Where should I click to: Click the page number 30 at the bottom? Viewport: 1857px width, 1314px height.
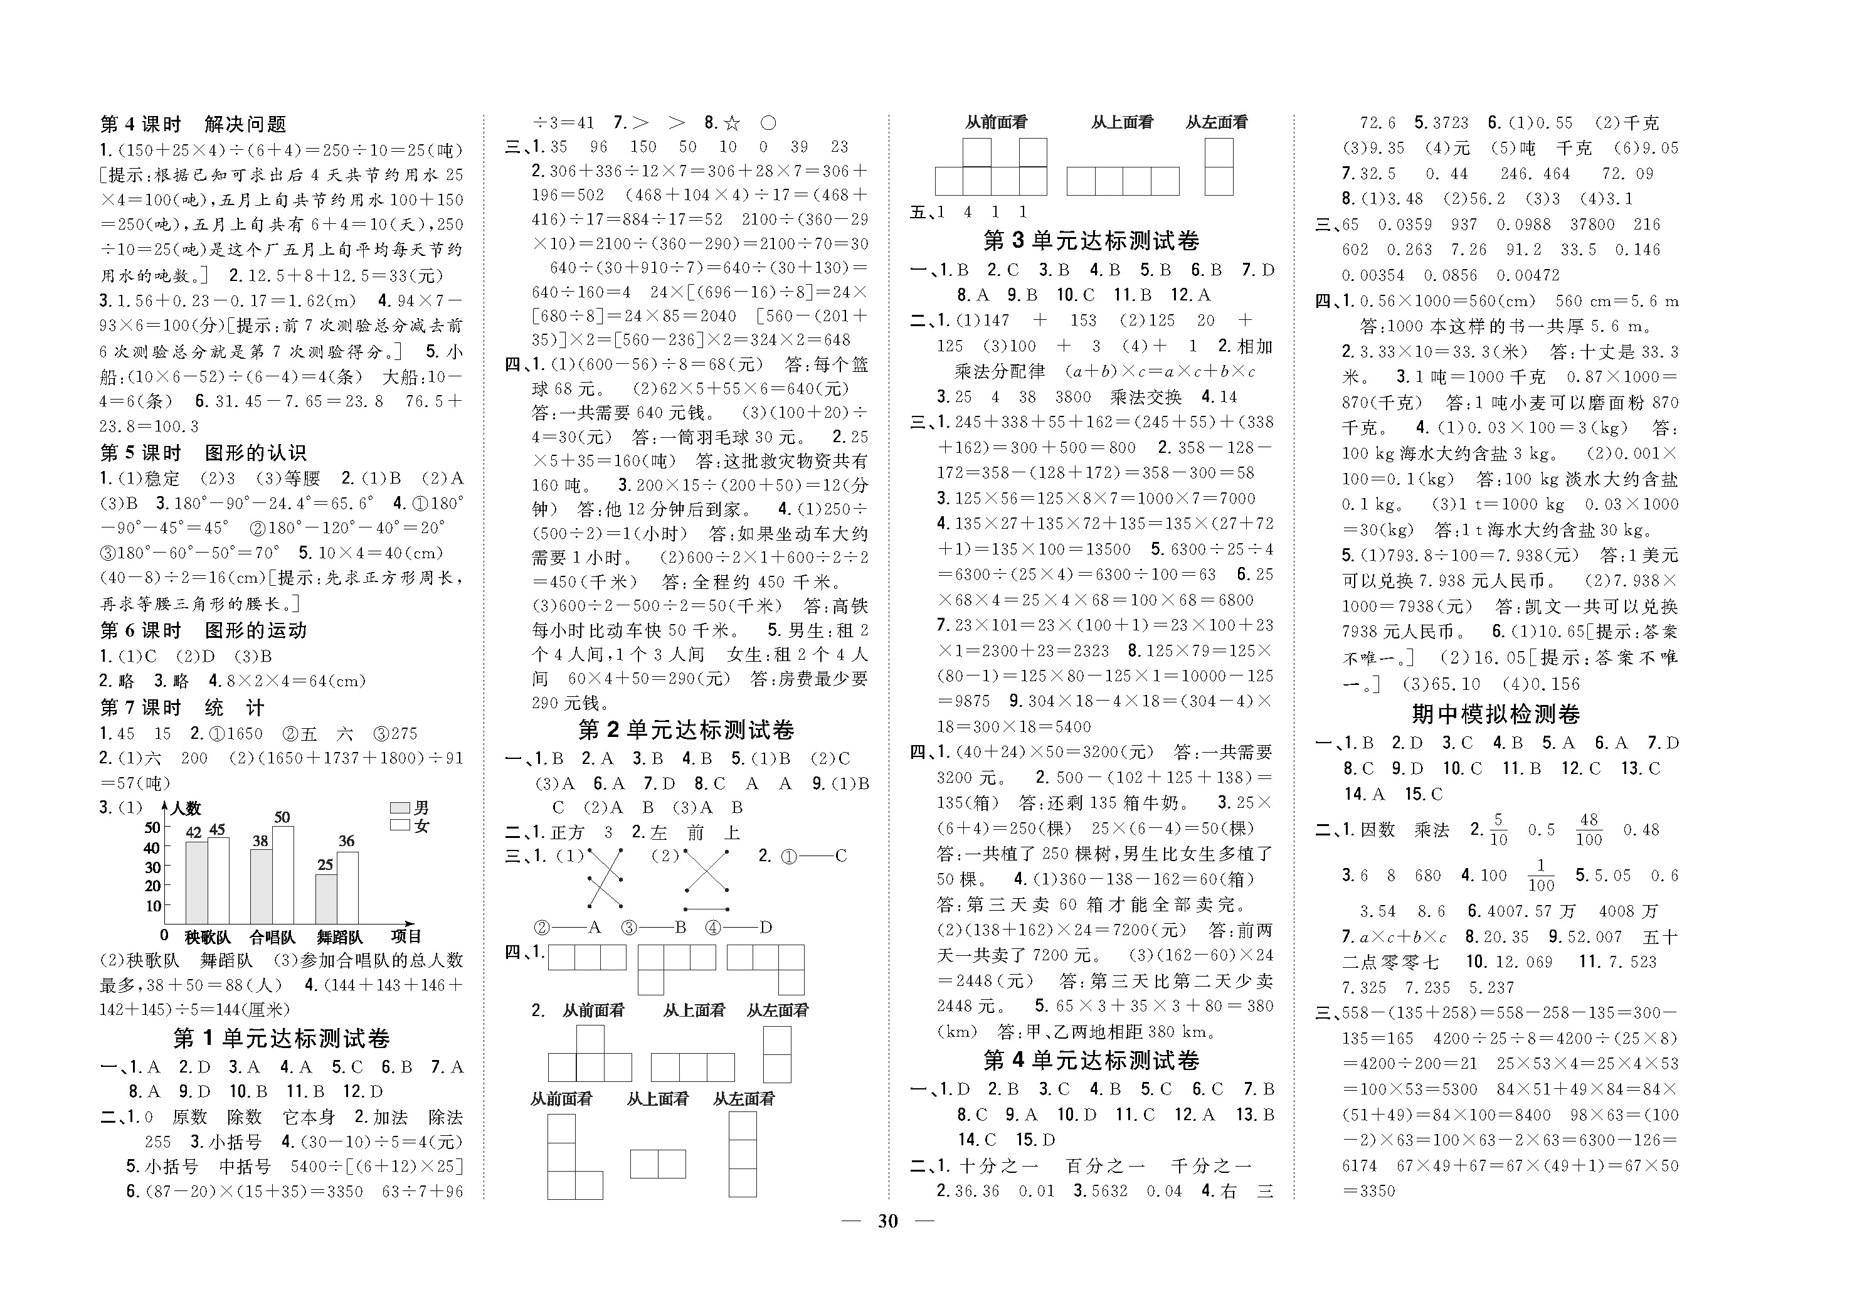click(x=887, y=1221)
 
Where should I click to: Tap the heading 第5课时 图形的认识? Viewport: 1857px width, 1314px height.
click(x=203, y=453)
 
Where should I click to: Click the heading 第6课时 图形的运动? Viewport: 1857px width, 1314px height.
click(x=203, y=630)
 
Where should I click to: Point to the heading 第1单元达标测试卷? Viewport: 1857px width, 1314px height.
click(x=282, y=1039)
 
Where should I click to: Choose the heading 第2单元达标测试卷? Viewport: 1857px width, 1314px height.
click(x=686, y=731)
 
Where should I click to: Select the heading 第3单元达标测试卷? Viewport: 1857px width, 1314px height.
click(x=1091, y=241)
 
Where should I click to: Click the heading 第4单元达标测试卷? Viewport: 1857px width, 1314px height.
click(x=1091, y=1061)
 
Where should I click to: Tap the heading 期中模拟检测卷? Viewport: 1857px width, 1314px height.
click(x=1496, y=714)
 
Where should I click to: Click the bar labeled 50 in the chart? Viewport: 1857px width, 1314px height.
click(x=283, y=875)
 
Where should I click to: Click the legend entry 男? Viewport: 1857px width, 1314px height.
click(x=410, y=807)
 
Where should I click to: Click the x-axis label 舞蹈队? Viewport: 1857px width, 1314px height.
click(x=340, y=937)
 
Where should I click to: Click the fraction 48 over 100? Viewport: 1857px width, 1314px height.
click(x=1589, y=829)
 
